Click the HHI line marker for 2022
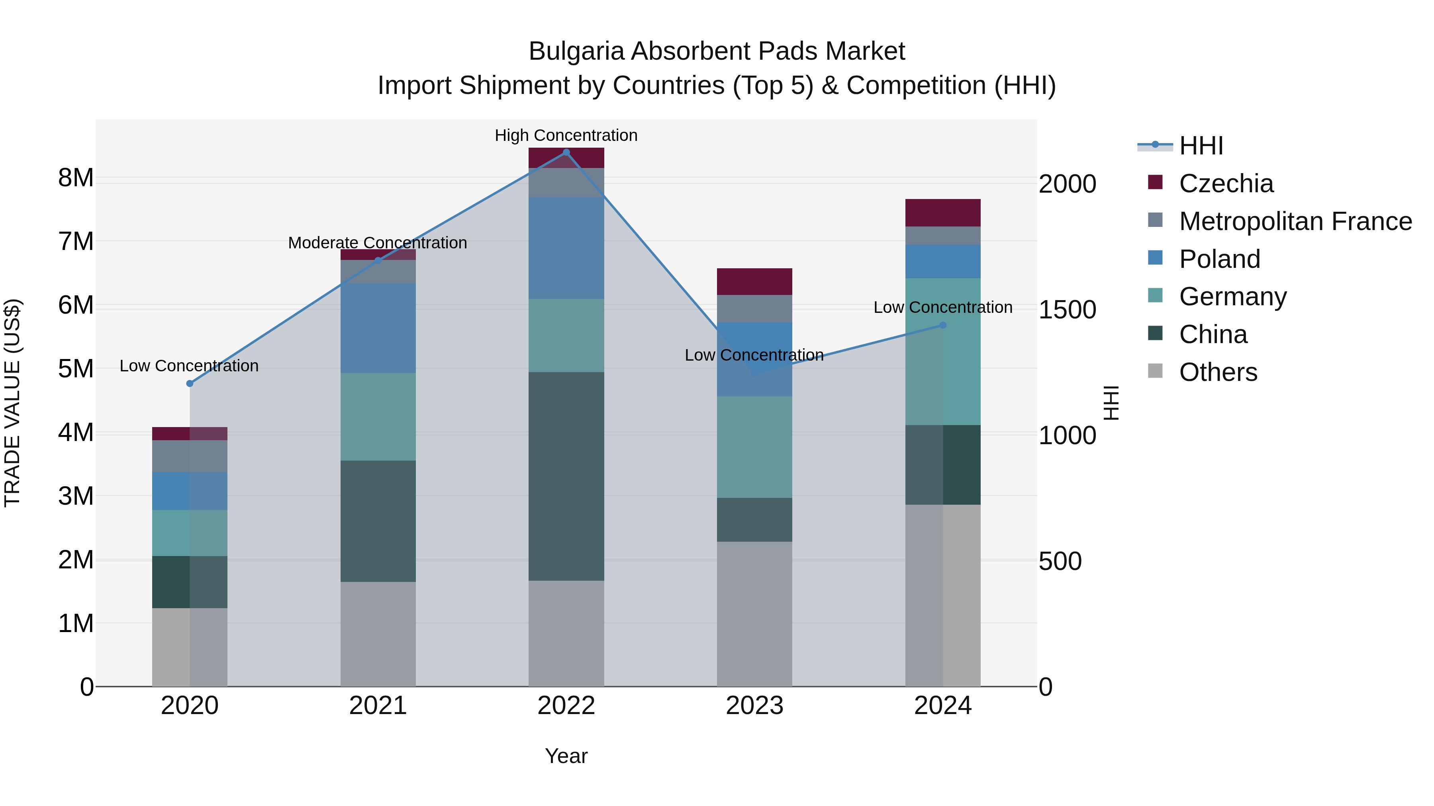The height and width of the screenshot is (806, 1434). coord(566,152)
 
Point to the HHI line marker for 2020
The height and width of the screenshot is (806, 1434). coord(190,384)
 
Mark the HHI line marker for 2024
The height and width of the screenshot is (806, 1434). coord(943,326)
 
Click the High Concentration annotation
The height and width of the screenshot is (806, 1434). coord(566,136)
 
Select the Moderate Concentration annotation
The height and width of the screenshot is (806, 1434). coord(378,243)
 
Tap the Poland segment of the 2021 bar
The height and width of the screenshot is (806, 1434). coord(378,328)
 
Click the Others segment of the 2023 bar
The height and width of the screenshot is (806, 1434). coord(754,614)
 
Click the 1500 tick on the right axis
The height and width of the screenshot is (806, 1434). coord(1067,310)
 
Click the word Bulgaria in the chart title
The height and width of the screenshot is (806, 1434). coord(576,52)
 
